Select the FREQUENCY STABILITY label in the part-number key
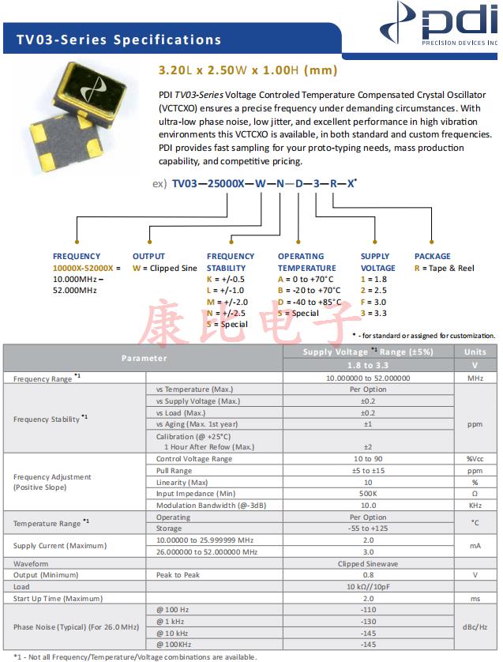(x=231, y=261)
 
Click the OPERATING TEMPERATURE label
(x=306, y=261)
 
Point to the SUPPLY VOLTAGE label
(x=378, y=261)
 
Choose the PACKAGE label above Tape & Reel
(x=433, y=256)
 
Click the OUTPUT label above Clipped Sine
(x=148, y=256)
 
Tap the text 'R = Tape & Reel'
(x=445, y=268)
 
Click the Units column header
(x=475, y=352)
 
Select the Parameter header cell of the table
(x=144, y=358)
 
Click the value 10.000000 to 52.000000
(x=367, y=378)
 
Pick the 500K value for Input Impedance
(x=367, y=494)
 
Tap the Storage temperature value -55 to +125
(x=367, y=528)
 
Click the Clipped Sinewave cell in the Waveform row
(x=367, y=563)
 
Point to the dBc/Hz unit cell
(x=475, y=626)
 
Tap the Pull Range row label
(x=175, y=471)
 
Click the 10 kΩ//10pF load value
(x=367, y=587)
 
